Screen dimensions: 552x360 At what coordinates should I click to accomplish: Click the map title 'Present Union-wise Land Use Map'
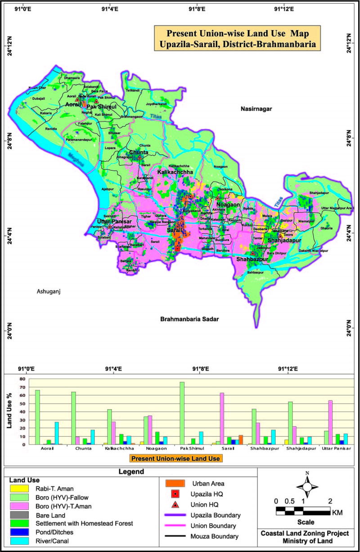pyautogui.click(x=238, y=33)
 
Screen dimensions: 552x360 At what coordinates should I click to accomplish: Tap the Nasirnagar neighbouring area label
pyautogui.click(x=257, y=109)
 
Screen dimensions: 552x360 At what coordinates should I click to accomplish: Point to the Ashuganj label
pyautogui.click(x=49, y=292)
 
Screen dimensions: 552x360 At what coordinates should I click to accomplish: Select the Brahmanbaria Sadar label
pyautogui.click(x=189, y=319)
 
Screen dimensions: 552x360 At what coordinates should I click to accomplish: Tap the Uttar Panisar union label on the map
pyautogui.click(x=114, y=221)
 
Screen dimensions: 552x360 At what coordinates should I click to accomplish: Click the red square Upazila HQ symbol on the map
pyautogui.click(x=177, y=249)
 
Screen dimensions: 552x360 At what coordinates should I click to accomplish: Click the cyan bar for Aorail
pyautogui.click(x=57, y=433)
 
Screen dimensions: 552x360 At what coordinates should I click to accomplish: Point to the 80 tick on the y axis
pyautogui.click(x=21, y=379)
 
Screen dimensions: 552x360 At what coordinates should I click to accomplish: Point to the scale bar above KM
pyautogui.click(x=303, y=511)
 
